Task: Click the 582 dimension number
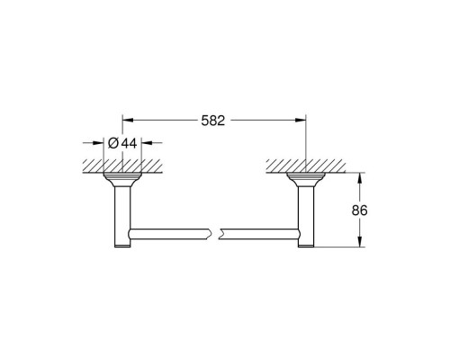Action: (213, 121)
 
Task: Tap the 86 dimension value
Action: (359, 211)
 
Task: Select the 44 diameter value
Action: (129, 143)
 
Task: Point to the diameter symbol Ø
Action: (113, 143)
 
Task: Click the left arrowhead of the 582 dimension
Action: (128, 120)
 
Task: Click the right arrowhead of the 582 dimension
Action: (301, 120)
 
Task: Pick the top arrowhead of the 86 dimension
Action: (360, 178)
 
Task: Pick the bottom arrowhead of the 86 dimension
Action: (360, 242)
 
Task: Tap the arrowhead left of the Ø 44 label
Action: (98, 142)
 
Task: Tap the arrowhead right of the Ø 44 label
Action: (147, 142)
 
